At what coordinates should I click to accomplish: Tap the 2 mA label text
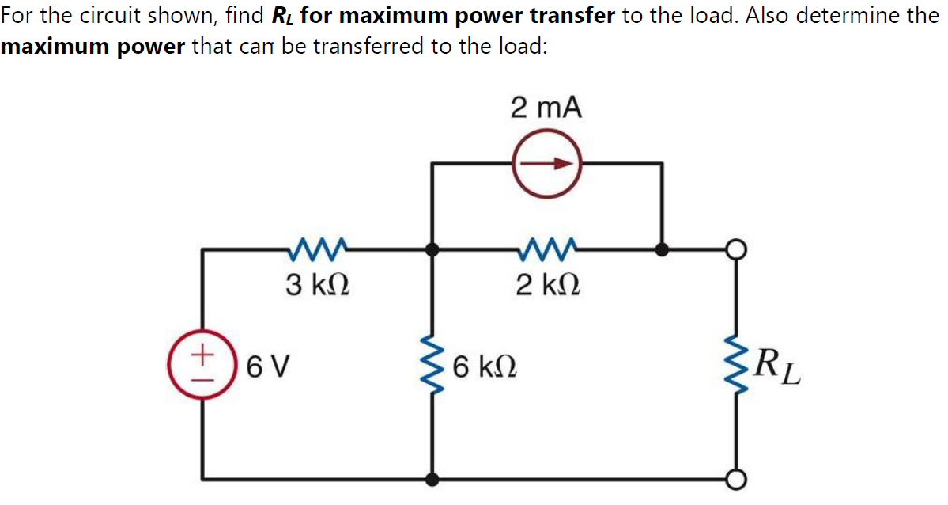pos(546,108)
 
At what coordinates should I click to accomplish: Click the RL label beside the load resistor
pos(778,367)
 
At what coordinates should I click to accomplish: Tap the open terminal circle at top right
pos(737,250)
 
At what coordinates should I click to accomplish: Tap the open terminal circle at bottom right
pos(737,479)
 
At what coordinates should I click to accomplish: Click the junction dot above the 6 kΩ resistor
pos(432,250)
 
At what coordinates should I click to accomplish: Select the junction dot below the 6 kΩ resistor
pos(432,479)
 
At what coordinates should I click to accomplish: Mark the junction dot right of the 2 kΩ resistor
pos(663,250)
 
